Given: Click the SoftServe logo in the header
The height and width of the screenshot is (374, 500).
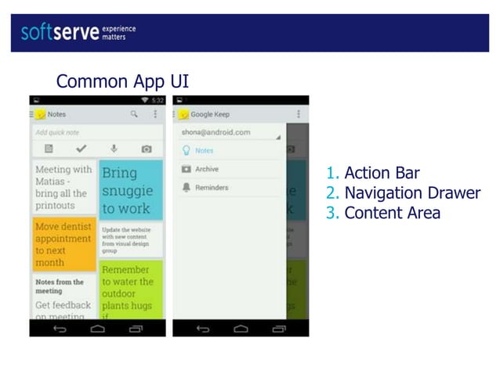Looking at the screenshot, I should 78,32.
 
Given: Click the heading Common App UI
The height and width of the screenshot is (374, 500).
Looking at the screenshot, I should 122,81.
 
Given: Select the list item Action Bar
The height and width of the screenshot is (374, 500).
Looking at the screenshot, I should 381,174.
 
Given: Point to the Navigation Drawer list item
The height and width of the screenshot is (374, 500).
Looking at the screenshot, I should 411,193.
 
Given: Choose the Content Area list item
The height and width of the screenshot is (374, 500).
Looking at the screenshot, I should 392,213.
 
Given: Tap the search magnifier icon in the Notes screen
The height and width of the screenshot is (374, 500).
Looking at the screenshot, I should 134,114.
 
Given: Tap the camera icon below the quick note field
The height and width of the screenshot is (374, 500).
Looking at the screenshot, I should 146,149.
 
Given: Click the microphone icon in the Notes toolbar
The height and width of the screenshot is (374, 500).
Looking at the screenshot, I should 114,149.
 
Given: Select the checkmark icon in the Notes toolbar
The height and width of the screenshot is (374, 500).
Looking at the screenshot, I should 81,149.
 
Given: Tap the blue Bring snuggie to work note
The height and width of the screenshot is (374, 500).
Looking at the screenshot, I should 131,190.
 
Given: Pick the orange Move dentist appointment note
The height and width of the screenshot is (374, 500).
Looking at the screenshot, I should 64,244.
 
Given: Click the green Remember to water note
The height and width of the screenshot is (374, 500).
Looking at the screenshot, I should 131,289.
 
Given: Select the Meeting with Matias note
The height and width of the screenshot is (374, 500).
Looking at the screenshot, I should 64,188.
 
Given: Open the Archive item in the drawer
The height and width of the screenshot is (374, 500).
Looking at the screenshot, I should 207,169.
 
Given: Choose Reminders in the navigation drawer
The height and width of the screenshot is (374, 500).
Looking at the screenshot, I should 211,188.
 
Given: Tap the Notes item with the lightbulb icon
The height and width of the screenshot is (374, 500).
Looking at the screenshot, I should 204,151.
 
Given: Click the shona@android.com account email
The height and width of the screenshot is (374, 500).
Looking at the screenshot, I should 216,133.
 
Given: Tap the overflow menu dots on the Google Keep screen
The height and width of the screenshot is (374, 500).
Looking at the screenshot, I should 299,114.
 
